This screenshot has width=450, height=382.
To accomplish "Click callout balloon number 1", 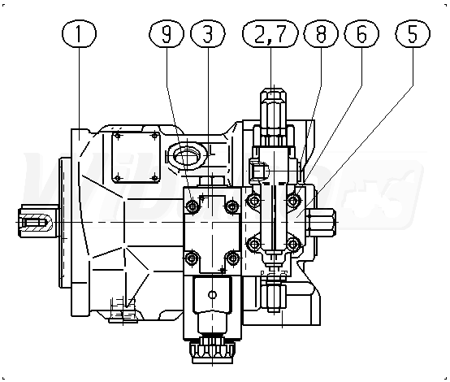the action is tap(80, 33).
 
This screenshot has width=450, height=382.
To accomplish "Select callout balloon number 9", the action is tap(167, 33).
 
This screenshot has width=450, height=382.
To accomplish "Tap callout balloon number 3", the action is tap(208, 33).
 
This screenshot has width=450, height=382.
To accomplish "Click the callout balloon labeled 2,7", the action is tap(270, 33).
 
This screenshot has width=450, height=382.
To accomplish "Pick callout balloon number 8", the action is tap(321, 33).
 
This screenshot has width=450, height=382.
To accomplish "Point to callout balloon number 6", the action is tap(361, 33).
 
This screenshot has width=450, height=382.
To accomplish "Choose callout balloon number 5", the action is tap(413, 33).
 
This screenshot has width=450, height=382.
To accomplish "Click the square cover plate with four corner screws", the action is tap(136, 157).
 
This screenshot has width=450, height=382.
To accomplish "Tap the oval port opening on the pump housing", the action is tap(187, 156).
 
